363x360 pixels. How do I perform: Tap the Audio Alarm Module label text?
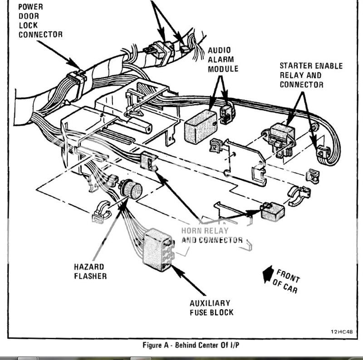pos(223,59)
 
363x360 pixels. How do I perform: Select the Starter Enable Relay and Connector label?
pos(311,75)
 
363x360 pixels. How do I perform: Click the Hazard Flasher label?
pos(90,271)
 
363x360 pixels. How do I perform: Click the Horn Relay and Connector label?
pos(211,235)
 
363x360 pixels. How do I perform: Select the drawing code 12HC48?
pos(342,331)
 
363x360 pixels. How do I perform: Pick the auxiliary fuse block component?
pos(157,247)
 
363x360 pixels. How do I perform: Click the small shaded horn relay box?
pos(273,210)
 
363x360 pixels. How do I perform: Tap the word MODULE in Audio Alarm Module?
pos(223,69)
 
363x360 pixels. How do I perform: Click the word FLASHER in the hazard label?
pos(90,276)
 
